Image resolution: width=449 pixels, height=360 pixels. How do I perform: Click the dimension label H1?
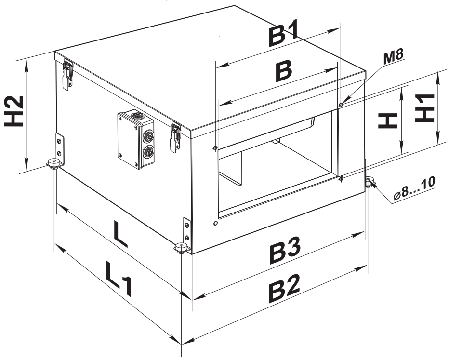point(425,108)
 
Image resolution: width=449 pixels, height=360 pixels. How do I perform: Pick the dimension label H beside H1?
point(388,120)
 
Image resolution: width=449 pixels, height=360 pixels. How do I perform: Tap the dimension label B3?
point(285,250)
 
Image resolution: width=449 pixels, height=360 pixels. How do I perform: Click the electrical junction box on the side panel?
point(136,139)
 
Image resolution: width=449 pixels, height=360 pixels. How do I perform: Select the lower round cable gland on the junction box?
point(148,151)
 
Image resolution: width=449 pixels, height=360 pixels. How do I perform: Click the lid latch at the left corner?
point(67,76)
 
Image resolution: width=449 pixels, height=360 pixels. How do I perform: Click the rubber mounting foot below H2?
point(53,163)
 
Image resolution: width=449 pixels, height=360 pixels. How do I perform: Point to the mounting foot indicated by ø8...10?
point(370,182)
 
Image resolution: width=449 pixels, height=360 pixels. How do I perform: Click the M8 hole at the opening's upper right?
point(341,105)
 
